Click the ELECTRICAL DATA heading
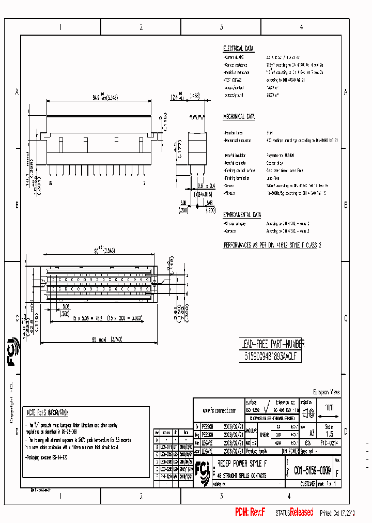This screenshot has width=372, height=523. click(x=238, y=49)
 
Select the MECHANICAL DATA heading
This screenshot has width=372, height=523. click(x=239, y=117)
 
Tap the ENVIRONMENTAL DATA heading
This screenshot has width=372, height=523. click(x=242, y=214)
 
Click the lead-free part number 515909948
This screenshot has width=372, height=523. click(x=271, y=357)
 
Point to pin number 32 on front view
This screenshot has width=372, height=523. click(x=51, y=183)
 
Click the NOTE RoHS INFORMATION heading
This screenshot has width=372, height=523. click(x=48, y=413)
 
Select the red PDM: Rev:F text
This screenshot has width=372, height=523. click(x=250, y=512)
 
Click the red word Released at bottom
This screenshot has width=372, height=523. click(x=301, y=512)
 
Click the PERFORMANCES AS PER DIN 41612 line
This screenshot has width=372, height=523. click(x=272, y=245)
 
